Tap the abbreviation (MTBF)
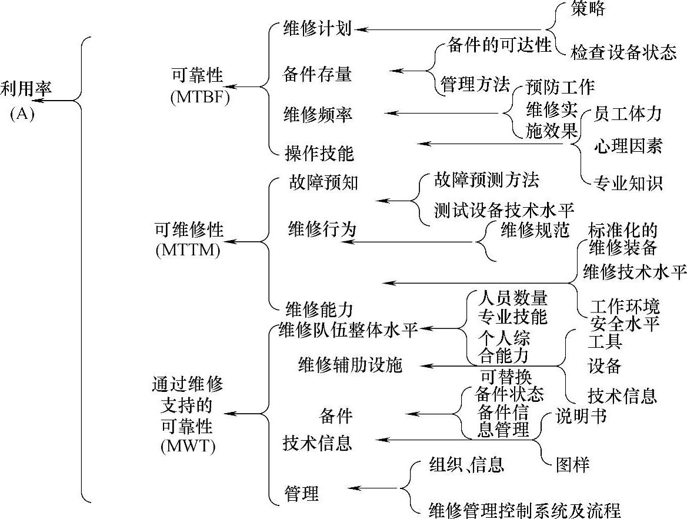pyautogui.click(x=200, y=98)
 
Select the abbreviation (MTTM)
pyautogui.click(x=188, y=250)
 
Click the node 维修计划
pyautogui.click(x=318, y=28)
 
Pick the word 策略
pyautogui.click(x=588, y=9)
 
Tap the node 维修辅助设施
pyautogui.click(x=350, y=365)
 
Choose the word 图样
pyautogui.click(x=572, y=464)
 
